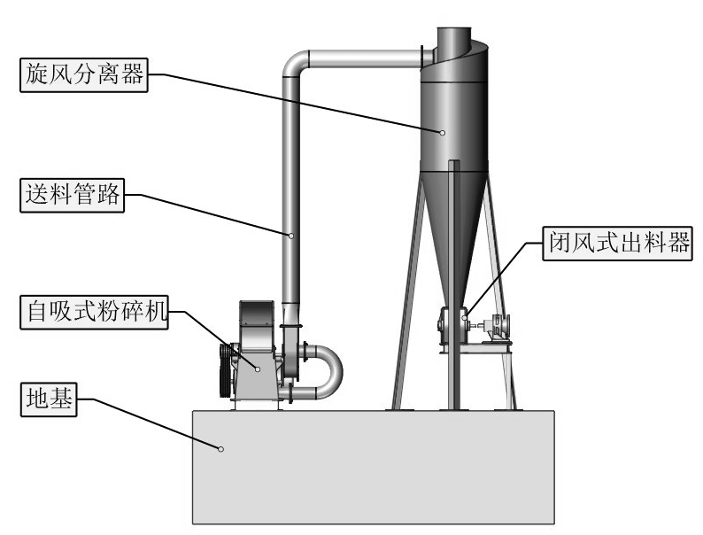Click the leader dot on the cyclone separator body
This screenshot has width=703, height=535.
(x=442, y=132)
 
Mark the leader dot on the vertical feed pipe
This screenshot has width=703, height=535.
(x=290, y=235)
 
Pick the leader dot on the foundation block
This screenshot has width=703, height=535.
(x=220, y=449)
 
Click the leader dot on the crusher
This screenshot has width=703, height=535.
(x=258, y=369)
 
